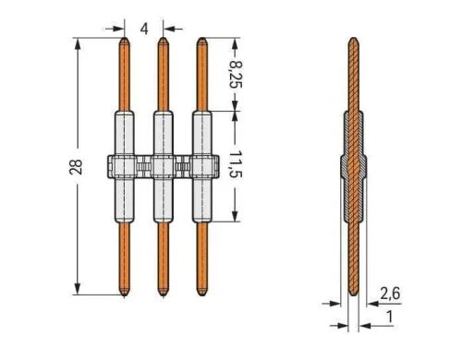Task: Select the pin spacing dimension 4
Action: [144, 28]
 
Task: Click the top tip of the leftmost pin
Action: [125, 40]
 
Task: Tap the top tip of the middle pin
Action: [163, 40]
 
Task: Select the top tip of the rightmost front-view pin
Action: [201, 40]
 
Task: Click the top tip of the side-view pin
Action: [353, 40]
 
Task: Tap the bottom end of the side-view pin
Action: [353, 294]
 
